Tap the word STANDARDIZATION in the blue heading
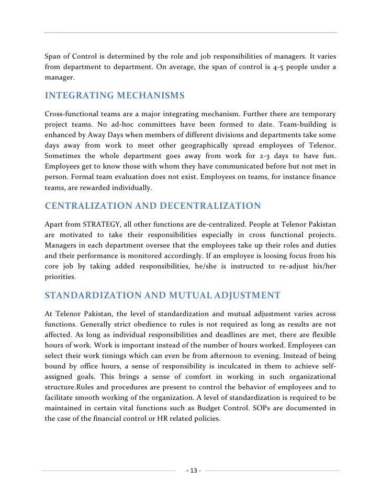[x=93, y=295]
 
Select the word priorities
[x=60, y=277]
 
